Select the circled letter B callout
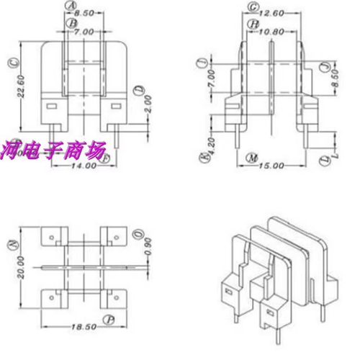click(71, 23)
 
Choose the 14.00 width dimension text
click(84, 166)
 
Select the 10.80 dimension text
click(271, 32)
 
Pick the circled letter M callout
click(250, 157)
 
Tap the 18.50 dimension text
click(84, 327)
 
